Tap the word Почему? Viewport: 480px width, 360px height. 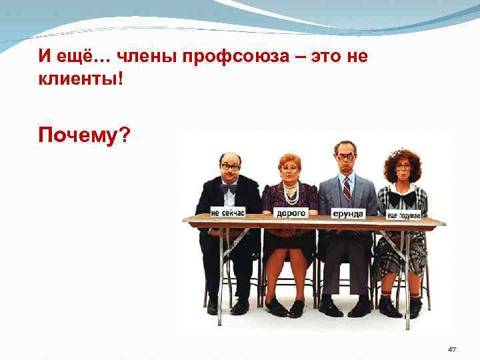85,137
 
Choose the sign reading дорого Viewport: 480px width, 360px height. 291,213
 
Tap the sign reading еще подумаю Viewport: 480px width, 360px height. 404,215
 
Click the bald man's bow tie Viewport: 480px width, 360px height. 229,188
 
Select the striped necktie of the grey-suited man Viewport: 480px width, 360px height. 346,189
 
